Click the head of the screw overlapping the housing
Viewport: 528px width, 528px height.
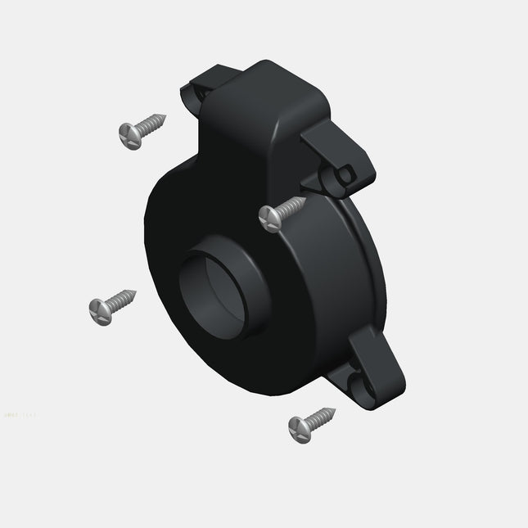269,217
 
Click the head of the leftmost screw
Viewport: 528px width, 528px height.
98,309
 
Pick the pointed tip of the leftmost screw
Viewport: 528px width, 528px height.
135,291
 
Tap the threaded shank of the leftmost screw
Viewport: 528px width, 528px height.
119,300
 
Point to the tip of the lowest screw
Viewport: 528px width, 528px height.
336,408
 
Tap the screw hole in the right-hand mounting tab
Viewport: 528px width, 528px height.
346,174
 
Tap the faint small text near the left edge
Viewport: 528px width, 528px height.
20,416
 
